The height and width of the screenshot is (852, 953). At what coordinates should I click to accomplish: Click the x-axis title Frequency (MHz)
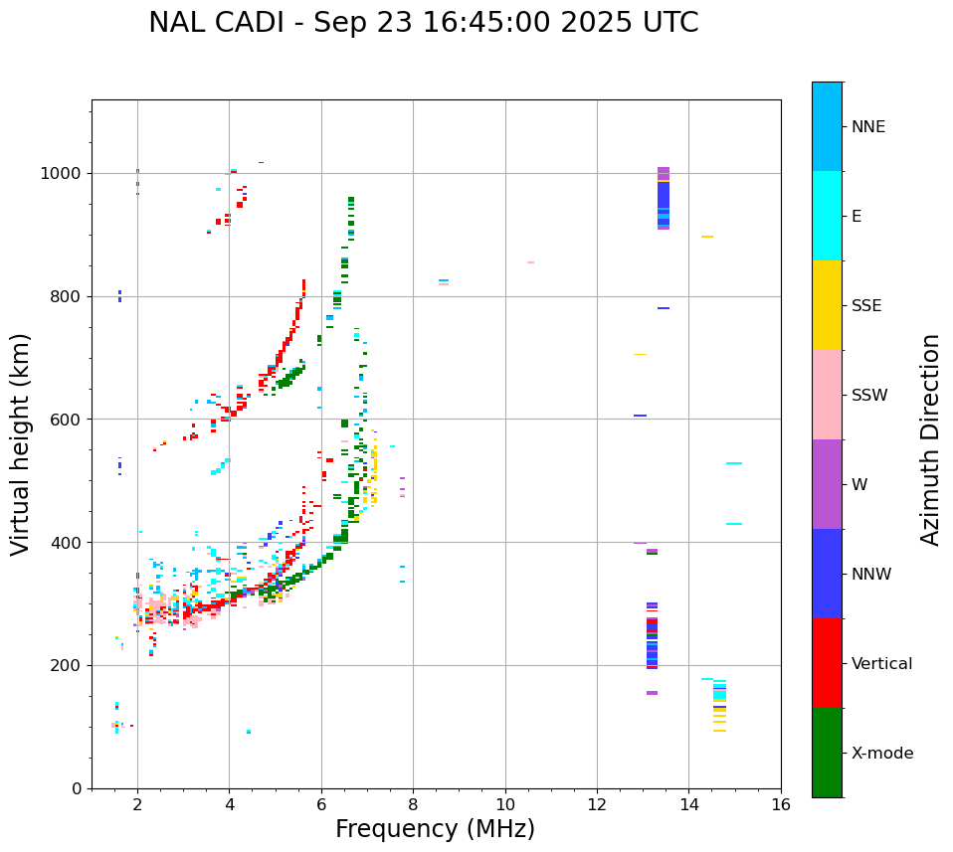pos(435,829)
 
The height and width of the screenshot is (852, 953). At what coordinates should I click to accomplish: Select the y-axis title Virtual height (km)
pos(21,444)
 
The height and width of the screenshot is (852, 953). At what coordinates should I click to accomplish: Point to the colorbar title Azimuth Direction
pos(930,439)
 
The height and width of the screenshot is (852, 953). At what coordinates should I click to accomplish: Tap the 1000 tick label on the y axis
pos(62,173)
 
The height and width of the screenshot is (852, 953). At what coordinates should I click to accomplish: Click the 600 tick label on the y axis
pos(66,420)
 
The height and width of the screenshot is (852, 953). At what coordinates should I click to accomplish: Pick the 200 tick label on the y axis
pos(66,665)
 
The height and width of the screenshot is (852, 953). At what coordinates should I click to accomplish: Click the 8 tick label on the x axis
pos(413,804)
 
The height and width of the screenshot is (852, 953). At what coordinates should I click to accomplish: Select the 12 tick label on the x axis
pos(597,804)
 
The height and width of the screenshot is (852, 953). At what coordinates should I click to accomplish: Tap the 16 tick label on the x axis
pos(781,804)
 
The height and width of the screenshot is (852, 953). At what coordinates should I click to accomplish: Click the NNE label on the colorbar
pos(867,127)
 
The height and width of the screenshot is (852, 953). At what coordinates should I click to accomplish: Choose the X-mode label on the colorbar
pos(881,754)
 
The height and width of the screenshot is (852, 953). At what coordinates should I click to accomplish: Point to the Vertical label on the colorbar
pos(881,664)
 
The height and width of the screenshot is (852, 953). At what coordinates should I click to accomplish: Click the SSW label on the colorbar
pos(869,396)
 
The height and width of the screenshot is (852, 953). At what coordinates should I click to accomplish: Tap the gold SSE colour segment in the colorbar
pos(827,305)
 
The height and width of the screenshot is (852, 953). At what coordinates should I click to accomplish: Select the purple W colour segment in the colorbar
pos(827,484)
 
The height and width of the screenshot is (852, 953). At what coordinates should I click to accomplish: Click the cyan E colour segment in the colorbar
pos(827,216)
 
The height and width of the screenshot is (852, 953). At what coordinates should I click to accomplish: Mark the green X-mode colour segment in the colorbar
pos(827,753)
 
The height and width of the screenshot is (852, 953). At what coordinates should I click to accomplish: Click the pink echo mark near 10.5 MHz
pos(530,262)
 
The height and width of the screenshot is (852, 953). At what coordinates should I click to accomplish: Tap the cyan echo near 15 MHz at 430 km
pos(734,524)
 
